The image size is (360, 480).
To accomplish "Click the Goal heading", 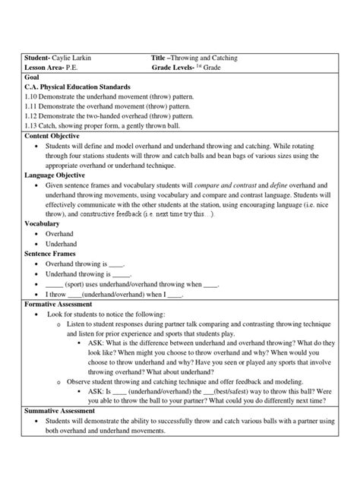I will tap(32, 77).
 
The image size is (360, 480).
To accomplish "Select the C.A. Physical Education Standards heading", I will tap(77, 87).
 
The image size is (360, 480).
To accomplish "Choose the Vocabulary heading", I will tap(42, 224).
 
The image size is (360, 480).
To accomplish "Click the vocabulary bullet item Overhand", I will tap(61, 234).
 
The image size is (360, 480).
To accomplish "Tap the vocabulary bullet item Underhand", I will tap(62, 244).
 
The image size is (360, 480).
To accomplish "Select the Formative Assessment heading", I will tap(63, 303).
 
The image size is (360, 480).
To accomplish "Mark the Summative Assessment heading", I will tap(65, 411).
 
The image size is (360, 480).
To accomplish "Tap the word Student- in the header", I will tap(36, 58).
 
